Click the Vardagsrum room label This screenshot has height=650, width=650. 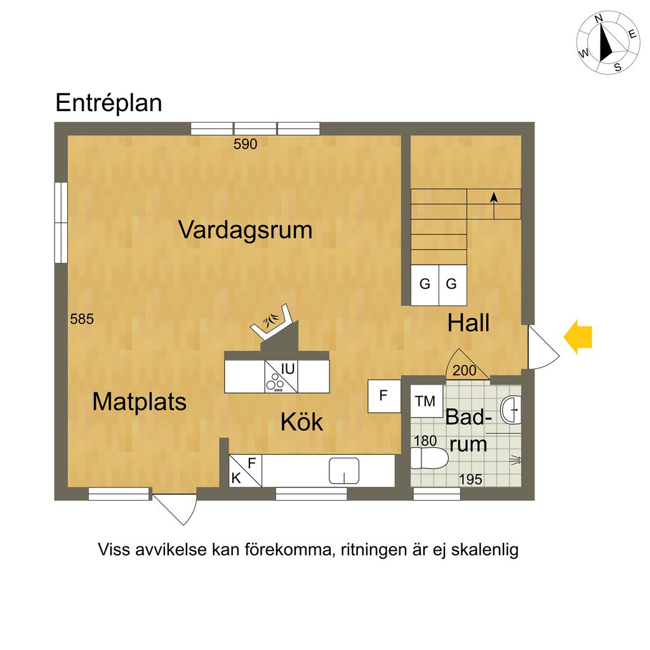click(245, 229)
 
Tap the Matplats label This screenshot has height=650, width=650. click(139, 402)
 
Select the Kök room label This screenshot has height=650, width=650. click(302, 422)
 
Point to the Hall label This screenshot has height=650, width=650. click(468, 323)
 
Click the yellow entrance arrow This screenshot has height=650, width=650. click(578, 336)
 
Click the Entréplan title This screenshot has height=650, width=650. click(109, 103)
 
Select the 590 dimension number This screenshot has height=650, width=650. click(245, 144)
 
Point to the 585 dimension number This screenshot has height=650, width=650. click(82, 319)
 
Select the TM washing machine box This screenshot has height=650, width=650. click(425, 401)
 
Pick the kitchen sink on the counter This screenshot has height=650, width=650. click(345, 471)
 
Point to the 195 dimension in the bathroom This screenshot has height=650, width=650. click(470, 480)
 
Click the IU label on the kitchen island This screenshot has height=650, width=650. click(288, 368)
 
